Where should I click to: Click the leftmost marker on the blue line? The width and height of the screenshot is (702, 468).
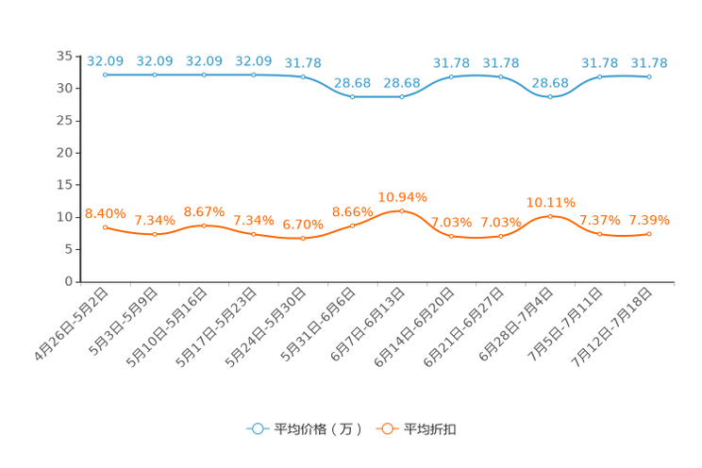coord(106,74)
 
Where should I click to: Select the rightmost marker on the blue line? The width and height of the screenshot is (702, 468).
coord(649,76)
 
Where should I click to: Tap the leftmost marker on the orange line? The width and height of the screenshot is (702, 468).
coord(106,226)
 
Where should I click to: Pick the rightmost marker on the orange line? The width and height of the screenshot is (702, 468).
coord(649,233)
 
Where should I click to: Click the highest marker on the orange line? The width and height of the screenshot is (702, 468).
coord(402,210)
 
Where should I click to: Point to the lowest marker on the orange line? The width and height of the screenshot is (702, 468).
coord(303,239)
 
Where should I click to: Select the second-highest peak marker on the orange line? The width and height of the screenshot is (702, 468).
coord(551,216)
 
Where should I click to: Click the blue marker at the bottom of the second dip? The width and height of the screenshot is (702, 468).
coord(551,96)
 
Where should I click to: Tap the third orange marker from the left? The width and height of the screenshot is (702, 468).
coord(205,225)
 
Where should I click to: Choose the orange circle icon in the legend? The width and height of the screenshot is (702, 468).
coord(387,429)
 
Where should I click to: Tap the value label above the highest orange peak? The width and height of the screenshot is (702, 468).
coord(402,197)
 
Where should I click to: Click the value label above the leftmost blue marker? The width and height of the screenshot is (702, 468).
coord(106,61)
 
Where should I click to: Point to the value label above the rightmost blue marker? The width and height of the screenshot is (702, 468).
coord(649,63)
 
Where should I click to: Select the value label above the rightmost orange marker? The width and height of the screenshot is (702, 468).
coord(649,220)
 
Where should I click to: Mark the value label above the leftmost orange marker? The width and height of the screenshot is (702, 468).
coord(106,213)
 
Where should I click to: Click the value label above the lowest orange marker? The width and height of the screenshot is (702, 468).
coord(303,224)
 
